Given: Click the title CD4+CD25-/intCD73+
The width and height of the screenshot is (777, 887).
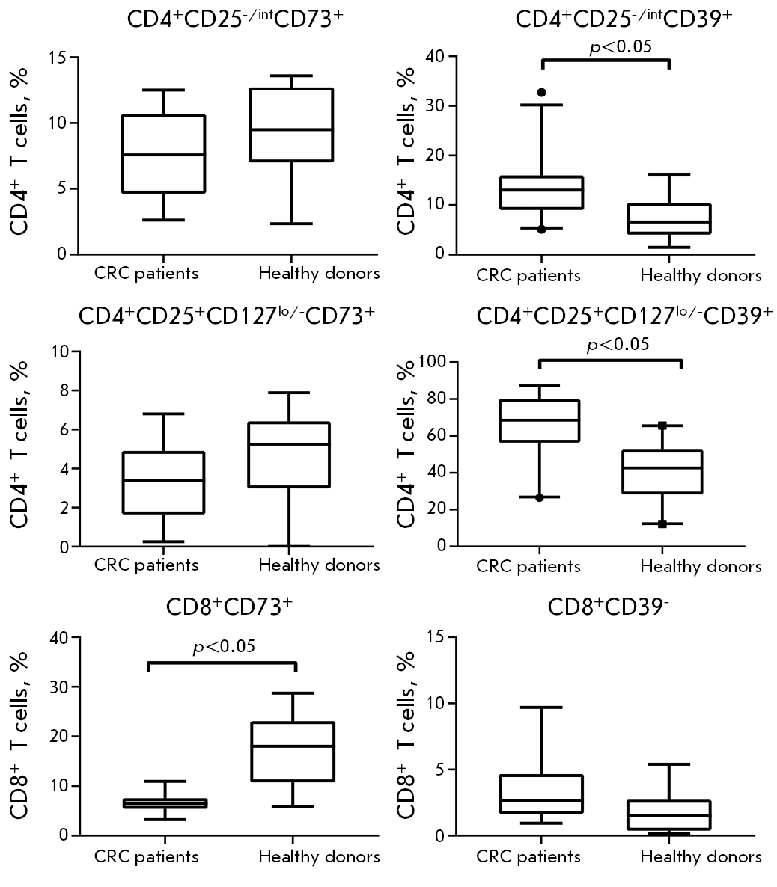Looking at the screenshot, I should [x=234, y=20].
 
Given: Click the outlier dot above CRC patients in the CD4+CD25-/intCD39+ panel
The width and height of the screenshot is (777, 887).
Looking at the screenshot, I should [x=541, y=92].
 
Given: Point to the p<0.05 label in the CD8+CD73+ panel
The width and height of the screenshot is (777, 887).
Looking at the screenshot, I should [x=223, y=645].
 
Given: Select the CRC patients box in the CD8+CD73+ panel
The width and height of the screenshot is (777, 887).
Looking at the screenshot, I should [x=165, y=803].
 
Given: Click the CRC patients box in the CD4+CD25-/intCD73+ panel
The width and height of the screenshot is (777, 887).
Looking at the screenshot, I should [x=163, y=153].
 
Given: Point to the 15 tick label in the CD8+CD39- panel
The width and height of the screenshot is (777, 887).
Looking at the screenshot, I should [x=433, y=636].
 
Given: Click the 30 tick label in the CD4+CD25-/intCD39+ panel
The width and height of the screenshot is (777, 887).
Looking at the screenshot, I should [x=434, y=106].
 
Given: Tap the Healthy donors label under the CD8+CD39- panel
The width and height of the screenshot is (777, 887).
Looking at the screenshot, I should [x=701, y=857].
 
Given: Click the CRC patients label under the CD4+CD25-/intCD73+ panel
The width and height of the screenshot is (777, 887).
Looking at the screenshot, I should [x=146, y=273].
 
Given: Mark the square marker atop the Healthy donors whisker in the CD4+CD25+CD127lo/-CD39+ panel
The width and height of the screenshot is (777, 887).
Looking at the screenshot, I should [x=662, y=426].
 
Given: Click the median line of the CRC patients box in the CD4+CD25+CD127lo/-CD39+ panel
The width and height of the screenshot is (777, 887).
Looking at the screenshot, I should [x=539, y=420].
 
